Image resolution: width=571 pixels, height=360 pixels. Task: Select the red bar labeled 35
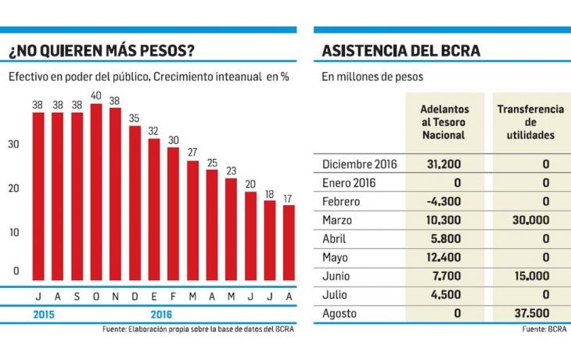coord(135,203)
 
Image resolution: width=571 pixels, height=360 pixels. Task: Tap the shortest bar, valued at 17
coord(289,242)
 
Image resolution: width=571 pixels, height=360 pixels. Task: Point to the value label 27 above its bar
coord(192,151)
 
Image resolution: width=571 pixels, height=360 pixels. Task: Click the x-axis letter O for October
coord(96,296)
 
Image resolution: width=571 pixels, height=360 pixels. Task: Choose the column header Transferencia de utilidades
coord(530,121)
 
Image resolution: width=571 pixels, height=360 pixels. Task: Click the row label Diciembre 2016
coord(360,164)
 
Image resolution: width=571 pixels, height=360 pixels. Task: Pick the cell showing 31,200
coord(444,164)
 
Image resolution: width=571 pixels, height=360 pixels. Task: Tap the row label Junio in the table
coord(337,276)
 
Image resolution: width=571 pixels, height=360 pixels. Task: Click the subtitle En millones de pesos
coord(372,77)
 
